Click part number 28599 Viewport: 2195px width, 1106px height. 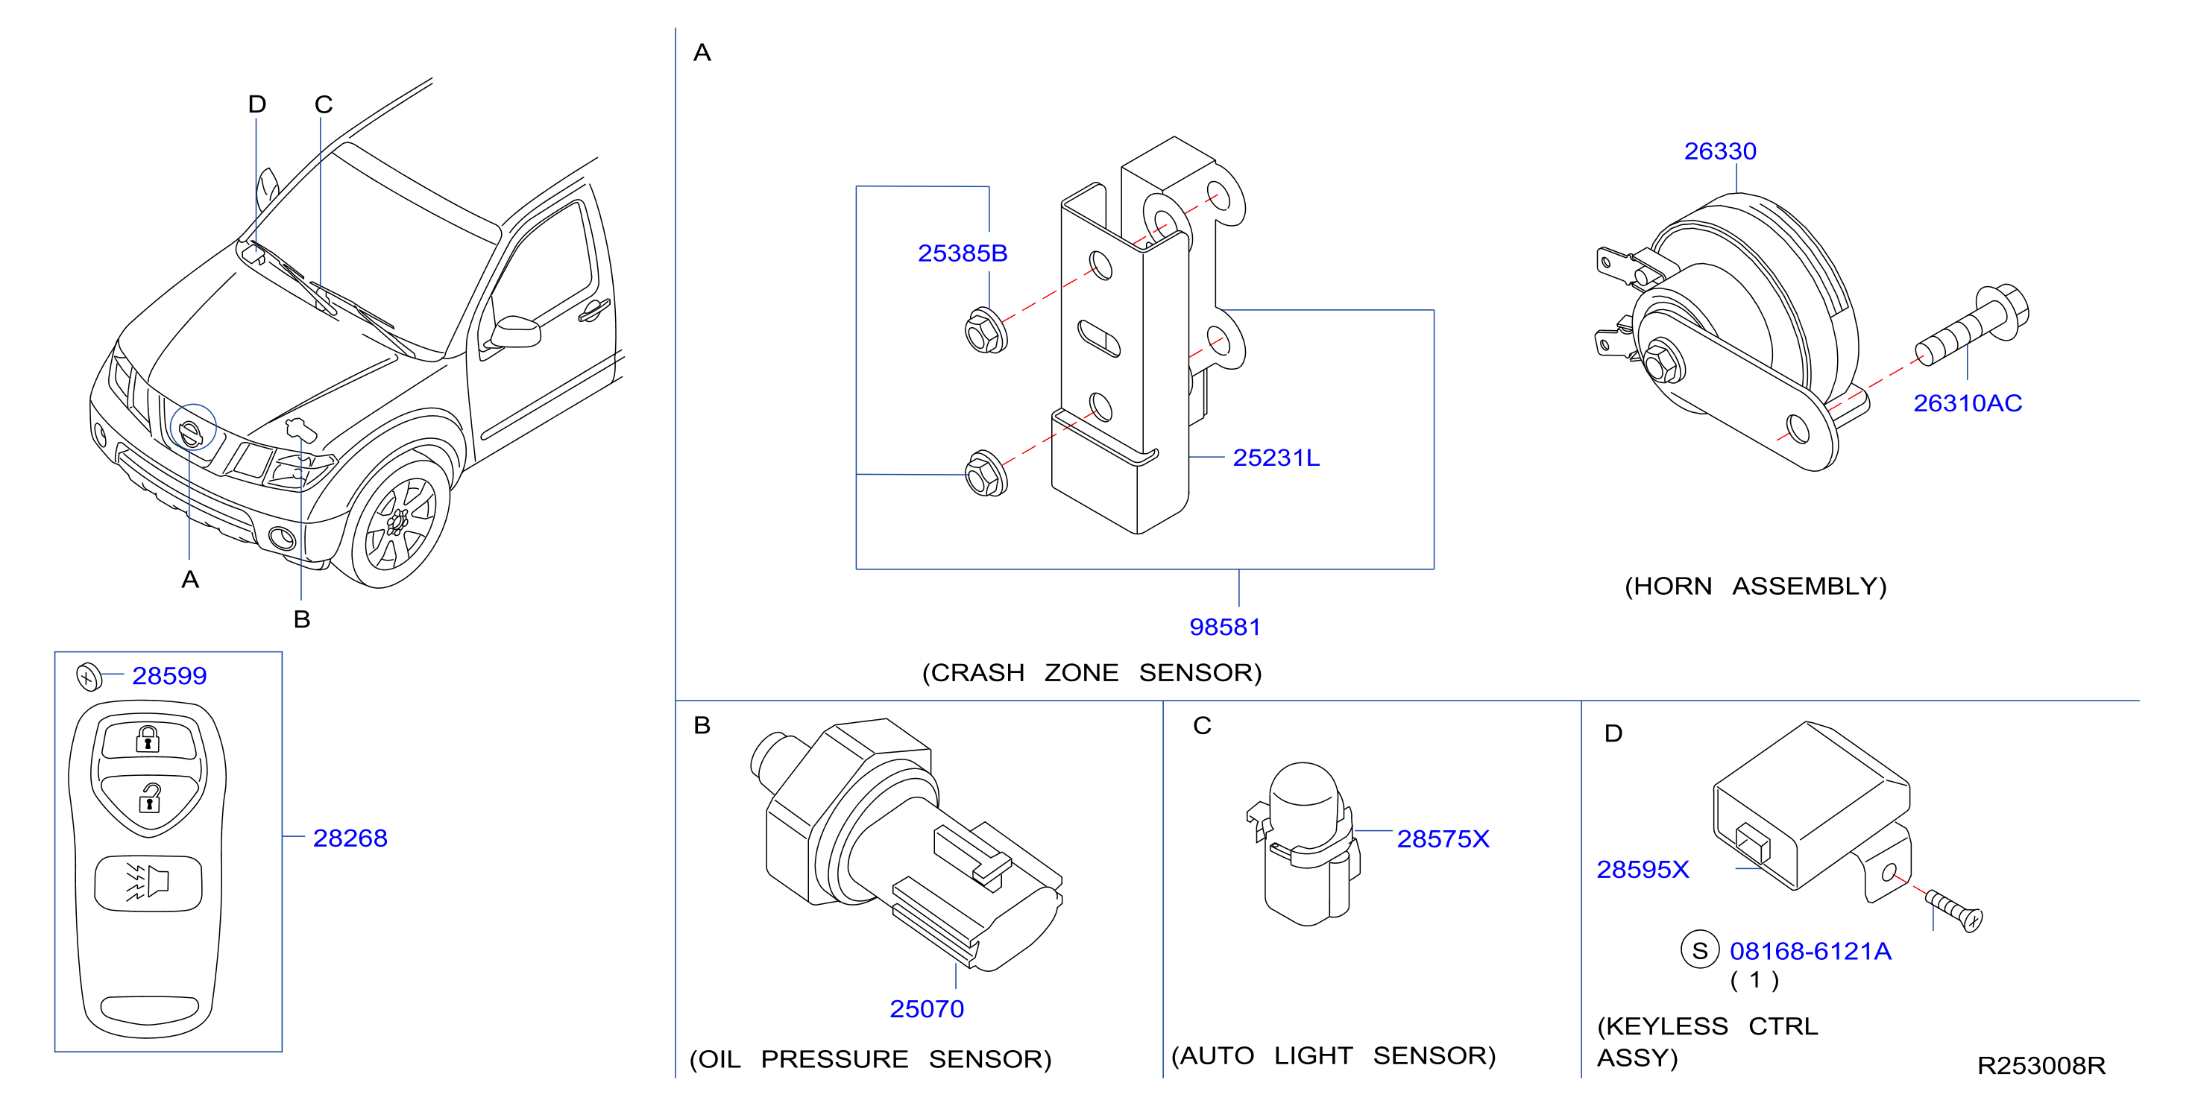pyautogui.click(x=169, y=676)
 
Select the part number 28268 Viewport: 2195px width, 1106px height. pyautogui.click(x=350, y=838)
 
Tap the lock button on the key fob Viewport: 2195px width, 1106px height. pyautogui.click(x=149, y=739)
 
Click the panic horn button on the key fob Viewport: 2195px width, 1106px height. pyautogui.click(x=148, y=882)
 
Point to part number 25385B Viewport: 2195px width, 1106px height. pyautogui.click(x=962, y=253)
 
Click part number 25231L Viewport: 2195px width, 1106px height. pyautogui.click(x=1276, y=458)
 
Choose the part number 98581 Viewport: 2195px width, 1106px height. pyautogui.click(x=1224, y=627)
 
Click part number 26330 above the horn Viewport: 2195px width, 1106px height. pyautogui.click(x=1719, y=151)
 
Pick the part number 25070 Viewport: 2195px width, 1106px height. pyautogui.click(x=926, y=1009)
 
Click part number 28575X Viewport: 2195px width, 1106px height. pyautogui.click(x=1443, y=839)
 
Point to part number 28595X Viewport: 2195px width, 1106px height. pyautogui.click(x=1642, y=869)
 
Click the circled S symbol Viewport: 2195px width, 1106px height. pyautogui.click(x=1699, y=950)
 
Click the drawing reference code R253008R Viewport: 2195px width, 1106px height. pyautogui.click(x=2041, y=1066)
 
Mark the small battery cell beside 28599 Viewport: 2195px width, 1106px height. pyautogui.click(x=89, y=677)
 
